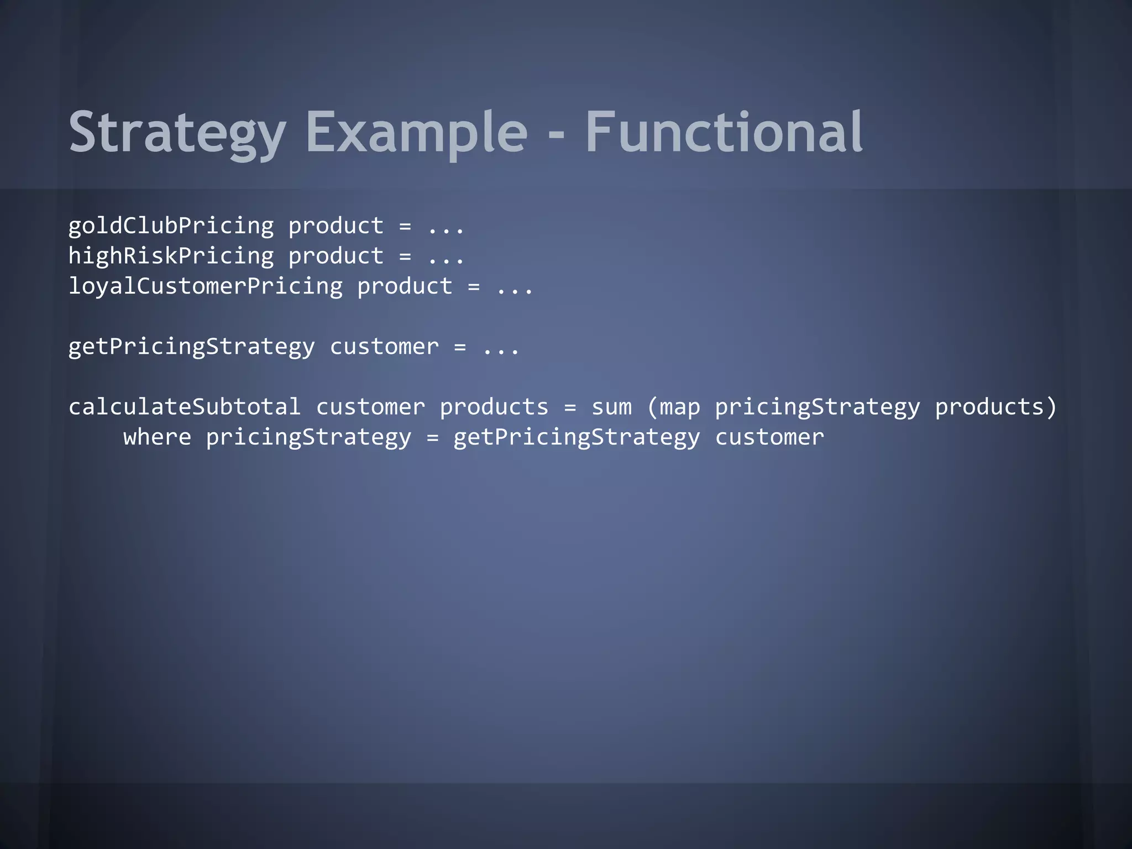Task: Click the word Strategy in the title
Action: click(x=177, y=133)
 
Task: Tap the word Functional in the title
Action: click(x=724, y=133)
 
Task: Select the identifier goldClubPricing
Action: click(x=171, y=226)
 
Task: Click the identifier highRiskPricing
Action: click(x=171, y=256)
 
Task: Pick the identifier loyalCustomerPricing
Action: click(x=205, y=286)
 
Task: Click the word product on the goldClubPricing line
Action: click(x=336, y=226)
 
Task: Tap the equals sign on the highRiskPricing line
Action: click(x=405, y=256)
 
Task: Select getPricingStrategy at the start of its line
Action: click(x=191, y=347)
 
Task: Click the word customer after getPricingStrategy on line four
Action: click(x=384, y=347)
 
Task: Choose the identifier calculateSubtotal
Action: click(x=185, y=407)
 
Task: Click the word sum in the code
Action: click(x=611, y=407)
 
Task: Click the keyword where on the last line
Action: click(x=157, y=437)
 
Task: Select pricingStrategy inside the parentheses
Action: click(x=817, y=407)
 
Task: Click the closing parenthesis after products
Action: click(x=1051, y=407)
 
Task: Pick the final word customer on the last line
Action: click(x=769, y=437)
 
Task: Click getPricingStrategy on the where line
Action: click(x=577, y=437)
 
